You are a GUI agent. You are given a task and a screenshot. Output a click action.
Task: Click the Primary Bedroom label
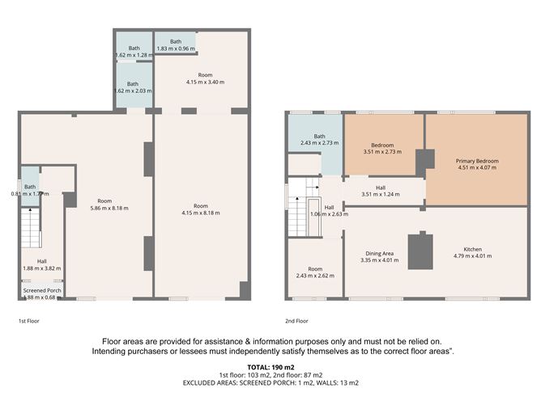tap(478, 161)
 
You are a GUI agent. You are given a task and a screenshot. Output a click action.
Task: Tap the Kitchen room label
tap(475, 248)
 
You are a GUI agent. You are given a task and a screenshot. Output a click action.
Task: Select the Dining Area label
tap(381, 253)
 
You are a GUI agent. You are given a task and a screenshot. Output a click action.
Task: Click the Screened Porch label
tap(41, 290)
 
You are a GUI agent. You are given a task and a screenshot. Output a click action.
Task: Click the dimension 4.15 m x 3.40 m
tap(200, 82)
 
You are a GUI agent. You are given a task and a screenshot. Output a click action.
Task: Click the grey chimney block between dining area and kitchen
tap(420, 251)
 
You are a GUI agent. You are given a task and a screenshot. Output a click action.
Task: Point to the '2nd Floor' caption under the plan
tap(296, 321)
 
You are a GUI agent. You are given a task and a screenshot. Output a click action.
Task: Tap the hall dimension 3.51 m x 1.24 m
tap(381, 195)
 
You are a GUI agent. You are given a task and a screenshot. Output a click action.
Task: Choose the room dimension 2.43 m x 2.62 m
tap(315, 276)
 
